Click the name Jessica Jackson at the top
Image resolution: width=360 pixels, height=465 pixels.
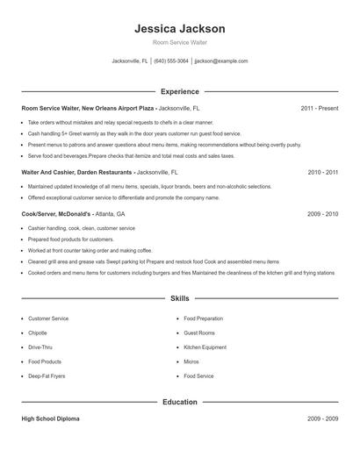[x=180, y=28]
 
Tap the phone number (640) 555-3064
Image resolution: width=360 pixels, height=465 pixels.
[x=171, y=61]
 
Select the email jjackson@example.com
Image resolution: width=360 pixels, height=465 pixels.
[x=221, y=61]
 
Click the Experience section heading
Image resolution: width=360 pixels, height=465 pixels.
[x=180, y=91]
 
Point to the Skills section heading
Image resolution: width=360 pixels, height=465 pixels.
[x=180, y=298]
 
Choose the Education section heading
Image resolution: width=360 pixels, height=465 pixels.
[x=180, y=402]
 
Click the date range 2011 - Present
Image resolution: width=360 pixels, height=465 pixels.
[x=319, y=108]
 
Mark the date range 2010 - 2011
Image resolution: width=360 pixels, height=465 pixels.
[x=322, y=173]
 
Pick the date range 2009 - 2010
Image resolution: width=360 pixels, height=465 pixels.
[x=322, y=214]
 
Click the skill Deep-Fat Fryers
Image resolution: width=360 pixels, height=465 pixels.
[x=47, y=376]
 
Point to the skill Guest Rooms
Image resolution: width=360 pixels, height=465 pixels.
[x=199, y=333]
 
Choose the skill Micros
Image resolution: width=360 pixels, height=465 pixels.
[x=191, y=361]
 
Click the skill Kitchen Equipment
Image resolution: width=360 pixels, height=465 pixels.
[x=204, y=347]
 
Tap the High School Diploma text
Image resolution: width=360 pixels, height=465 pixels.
[x=51, y=419]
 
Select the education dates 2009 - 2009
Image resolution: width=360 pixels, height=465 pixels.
[x=322, y=419]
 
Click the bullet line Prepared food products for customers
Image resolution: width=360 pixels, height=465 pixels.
[x=71, y=240]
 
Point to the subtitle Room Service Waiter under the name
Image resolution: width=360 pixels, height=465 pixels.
[x=180, y=43]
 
